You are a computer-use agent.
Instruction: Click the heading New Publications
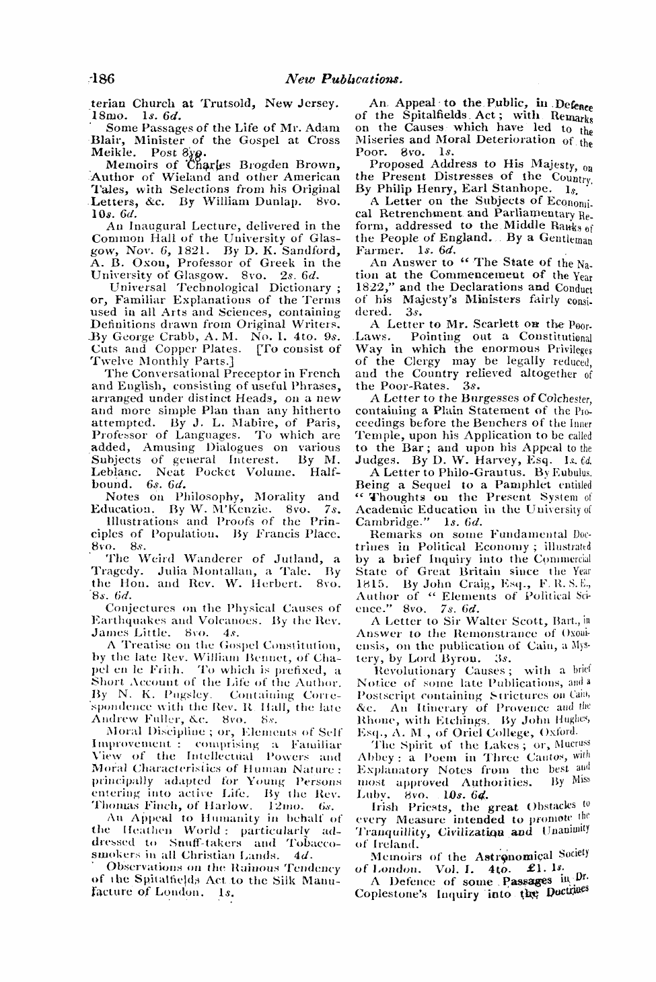click(x=344, y=78)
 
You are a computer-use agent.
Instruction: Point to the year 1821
click(x=192, y=250)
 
